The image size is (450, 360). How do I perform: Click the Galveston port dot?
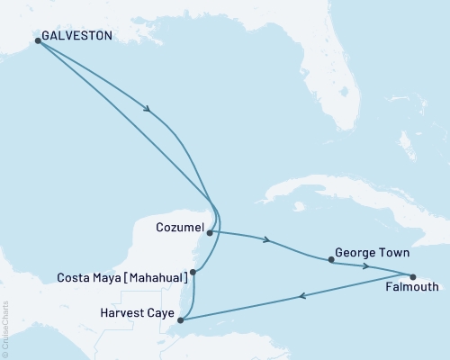37,40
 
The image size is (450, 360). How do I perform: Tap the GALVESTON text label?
77,36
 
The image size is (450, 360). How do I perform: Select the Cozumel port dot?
210,233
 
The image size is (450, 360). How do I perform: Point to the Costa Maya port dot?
193,272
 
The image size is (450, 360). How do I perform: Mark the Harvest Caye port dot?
181,319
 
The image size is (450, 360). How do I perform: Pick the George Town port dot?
332,260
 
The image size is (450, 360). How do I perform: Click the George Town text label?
366,254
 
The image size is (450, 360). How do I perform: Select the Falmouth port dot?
412,277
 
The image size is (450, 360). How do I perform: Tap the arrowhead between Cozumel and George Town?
266,240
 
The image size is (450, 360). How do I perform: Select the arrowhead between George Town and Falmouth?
365,266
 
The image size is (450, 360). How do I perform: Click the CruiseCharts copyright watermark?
5,329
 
